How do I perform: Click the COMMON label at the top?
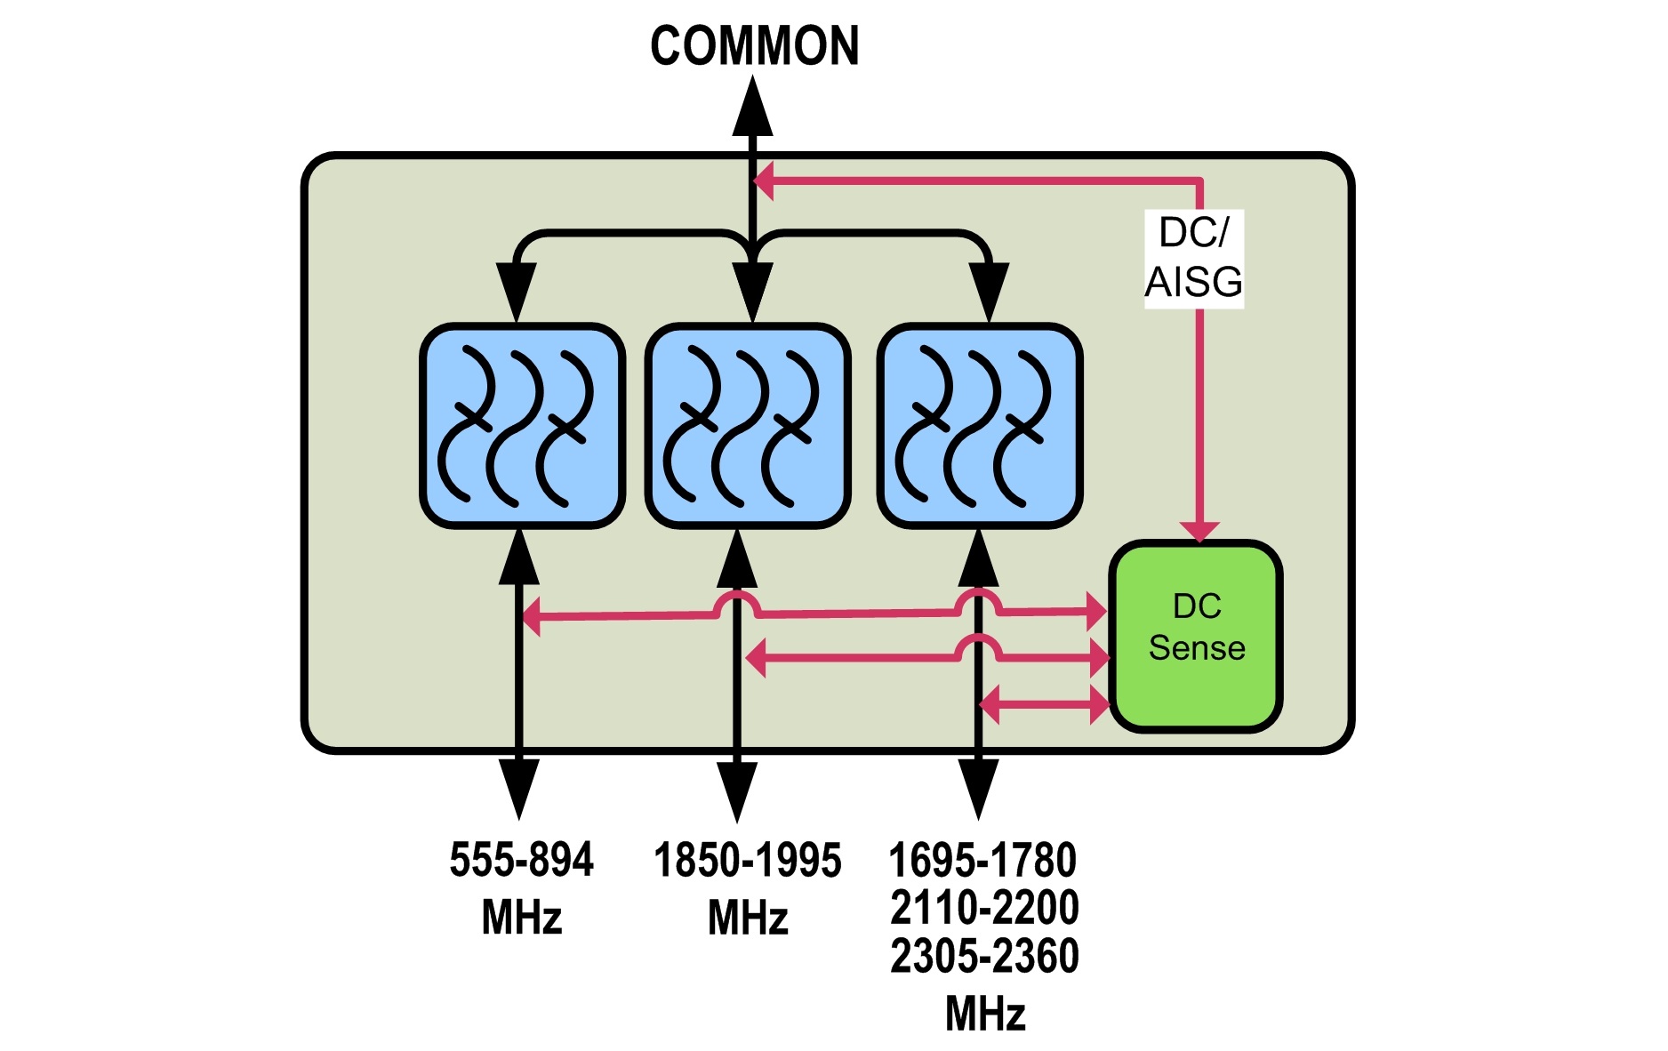click(754, 46)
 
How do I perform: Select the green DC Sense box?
click(1195, 637)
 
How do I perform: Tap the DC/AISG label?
click(1193, 258)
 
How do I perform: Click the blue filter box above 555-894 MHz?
click(522, 426)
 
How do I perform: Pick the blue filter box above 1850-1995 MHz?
click(748, 426)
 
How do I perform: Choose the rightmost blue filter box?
click(979, 426)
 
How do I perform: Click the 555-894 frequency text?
click(521, 861)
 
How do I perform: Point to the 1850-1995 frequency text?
click(747, 861)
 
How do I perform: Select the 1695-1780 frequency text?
click(982, 861)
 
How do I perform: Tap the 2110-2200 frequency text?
click(984, 908)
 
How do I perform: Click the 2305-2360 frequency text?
click(984, 957)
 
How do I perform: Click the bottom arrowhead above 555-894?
click(519, 787)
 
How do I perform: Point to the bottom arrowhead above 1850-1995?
click(737, 790)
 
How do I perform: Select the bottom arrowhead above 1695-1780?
click(978, 787)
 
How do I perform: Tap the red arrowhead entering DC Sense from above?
click(1199, 530)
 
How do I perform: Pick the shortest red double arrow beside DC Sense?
click(1044, 705)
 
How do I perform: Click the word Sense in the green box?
click(1196, 648)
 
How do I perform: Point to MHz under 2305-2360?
click(985, 1014)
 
